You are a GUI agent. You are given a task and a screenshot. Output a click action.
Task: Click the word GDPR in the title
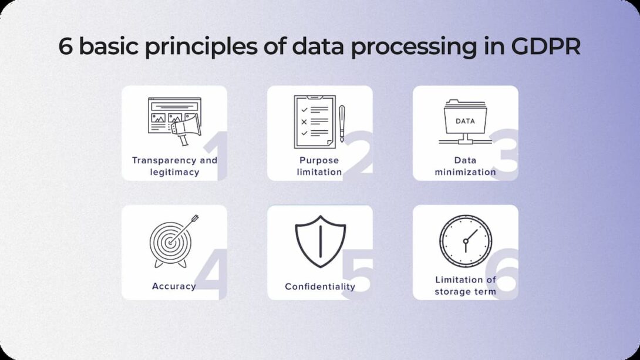tap(545, 46)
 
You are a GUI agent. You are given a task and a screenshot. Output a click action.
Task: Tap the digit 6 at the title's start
tap(65, 46)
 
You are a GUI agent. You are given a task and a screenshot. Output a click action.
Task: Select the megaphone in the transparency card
tap(186, 129)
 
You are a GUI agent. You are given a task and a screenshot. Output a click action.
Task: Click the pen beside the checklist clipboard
tap(342, 123)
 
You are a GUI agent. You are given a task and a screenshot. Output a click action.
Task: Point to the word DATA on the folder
tap(465, 121)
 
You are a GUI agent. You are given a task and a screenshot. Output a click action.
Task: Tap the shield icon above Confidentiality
tap(321, 241)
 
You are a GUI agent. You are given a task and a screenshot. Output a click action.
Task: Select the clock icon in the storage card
tap(466, 241)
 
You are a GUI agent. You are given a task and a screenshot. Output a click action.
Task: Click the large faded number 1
tap(218, 156)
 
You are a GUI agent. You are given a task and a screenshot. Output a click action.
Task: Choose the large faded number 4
tap(211, 273)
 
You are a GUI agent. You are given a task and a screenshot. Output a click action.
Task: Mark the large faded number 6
tap(503, 272)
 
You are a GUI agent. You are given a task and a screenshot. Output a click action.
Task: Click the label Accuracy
tap(174, 286)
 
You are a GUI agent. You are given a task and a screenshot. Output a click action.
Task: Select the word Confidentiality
tap(320, 287)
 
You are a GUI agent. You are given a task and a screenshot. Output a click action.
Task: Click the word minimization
tap(465, 172)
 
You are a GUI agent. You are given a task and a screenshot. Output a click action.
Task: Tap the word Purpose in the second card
tap(319, 160)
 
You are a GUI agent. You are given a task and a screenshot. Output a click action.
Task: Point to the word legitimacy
tap(175, 172)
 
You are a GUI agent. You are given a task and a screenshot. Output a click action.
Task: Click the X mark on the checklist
tap(304, 122)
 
